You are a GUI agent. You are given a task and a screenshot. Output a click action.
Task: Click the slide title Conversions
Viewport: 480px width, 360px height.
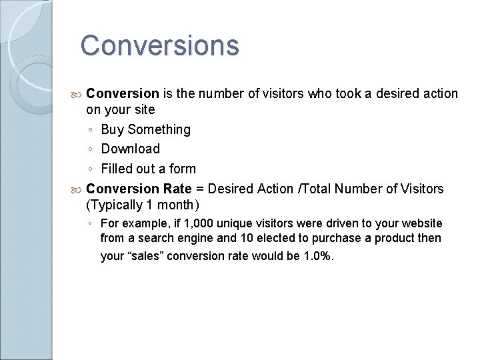(159, 46)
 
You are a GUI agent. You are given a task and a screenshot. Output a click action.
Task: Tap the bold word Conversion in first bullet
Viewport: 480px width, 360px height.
(123, 94)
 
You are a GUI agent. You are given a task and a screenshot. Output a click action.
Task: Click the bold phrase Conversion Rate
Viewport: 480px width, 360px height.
(139, 189)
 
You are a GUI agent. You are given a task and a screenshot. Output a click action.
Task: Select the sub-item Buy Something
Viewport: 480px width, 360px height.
(145, 129)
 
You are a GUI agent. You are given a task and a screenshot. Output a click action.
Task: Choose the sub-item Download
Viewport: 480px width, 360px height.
(130, 149)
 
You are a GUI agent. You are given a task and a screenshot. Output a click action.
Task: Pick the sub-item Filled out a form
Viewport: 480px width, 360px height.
(148, 169)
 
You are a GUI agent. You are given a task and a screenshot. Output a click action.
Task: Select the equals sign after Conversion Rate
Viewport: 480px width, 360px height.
(200, 189)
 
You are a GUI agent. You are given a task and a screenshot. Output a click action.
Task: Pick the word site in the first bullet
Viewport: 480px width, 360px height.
(143, 109)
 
